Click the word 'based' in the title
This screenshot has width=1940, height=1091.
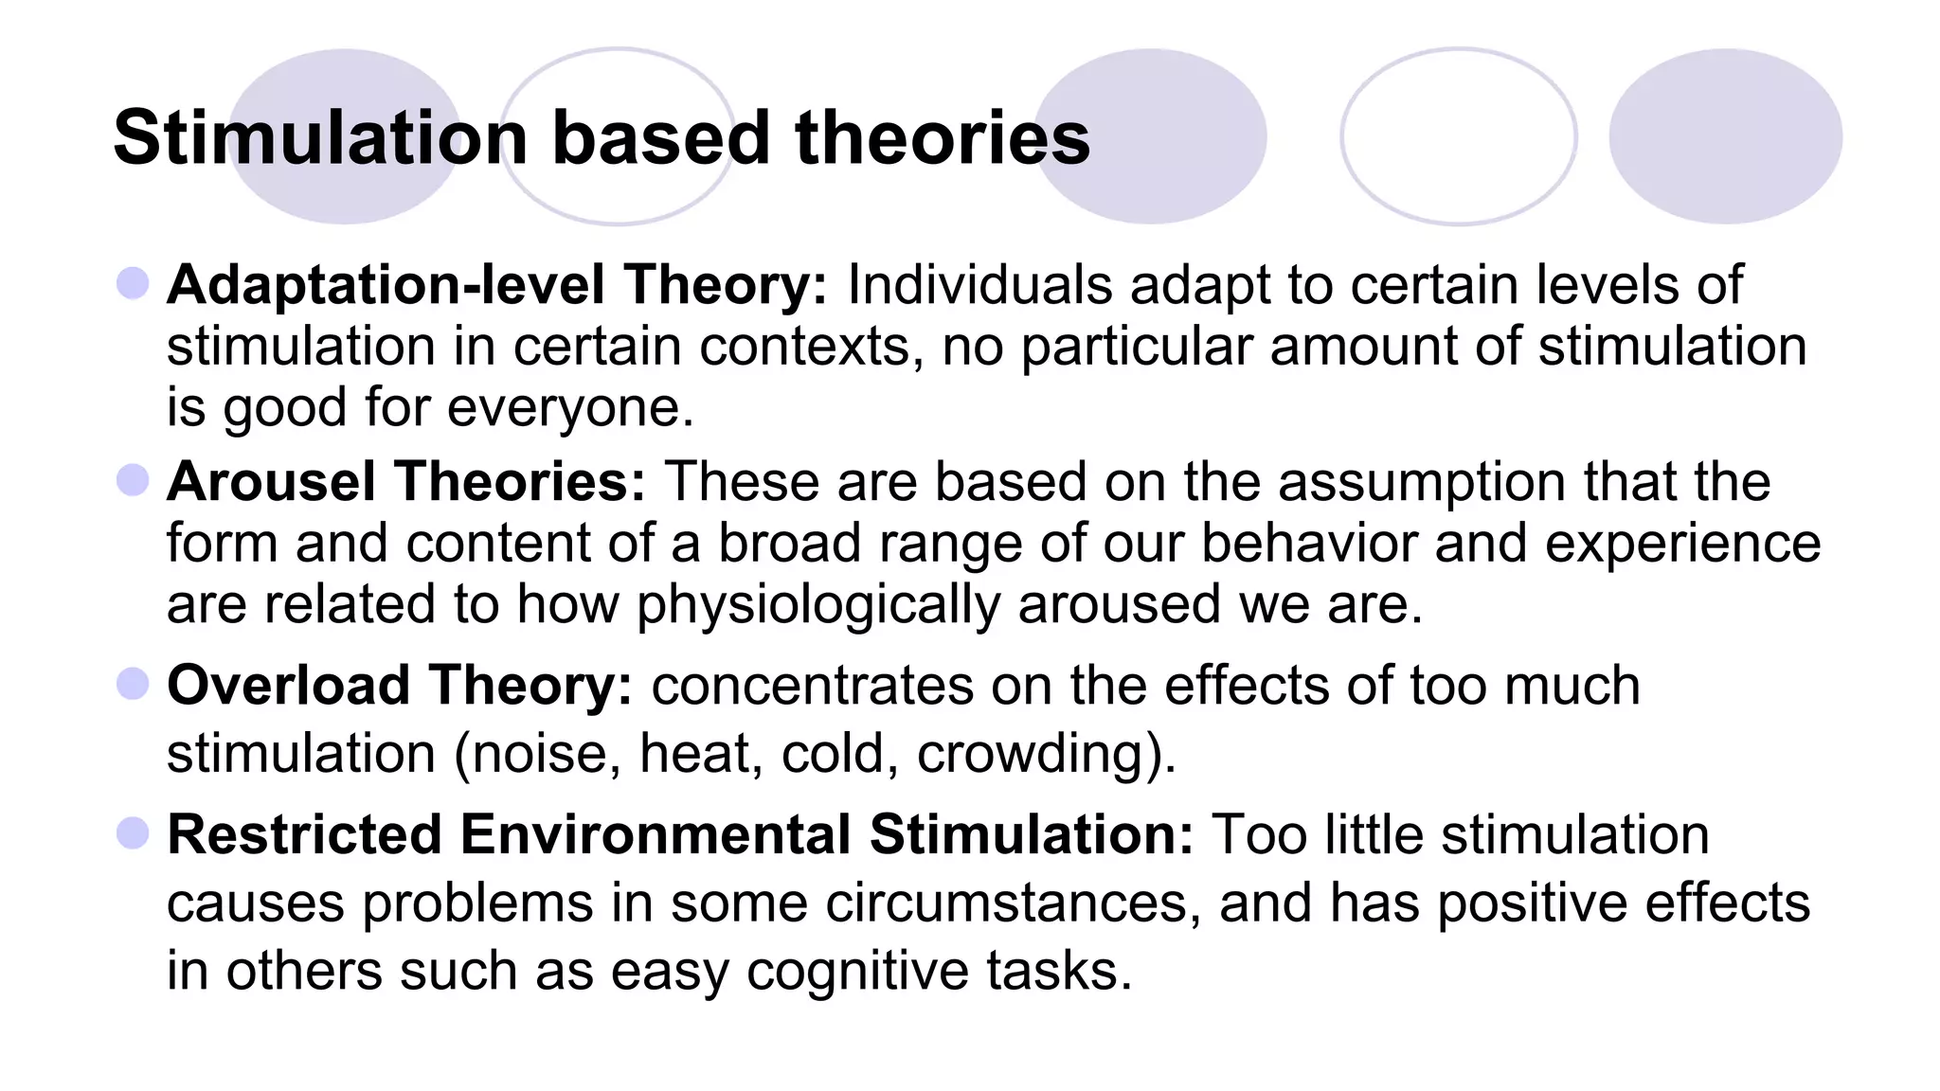pos(661,138)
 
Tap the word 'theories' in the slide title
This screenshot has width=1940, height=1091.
pos(943,138)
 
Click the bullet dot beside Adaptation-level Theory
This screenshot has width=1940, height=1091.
pos(133,283)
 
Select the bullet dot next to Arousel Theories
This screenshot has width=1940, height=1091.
pos(133,480)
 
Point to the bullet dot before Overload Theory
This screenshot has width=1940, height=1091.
pos(133,684)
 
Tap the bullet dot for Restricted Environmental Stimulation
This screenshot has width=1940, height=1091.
pos(133,833)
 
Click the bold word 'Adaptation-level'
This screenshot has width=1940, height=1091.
pos(386,284)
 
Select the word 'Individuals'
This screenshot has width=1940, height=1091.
pos(979,284)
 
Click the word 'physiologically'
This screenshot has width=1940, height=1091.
pos(817,606)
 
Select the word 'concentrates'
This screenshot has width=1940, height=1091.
pos(812,686)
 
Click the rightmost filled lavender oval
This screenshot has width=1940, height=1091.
pos(1725,136)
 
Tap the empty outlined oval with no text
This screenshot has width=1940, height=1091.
pos(1459,136)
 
